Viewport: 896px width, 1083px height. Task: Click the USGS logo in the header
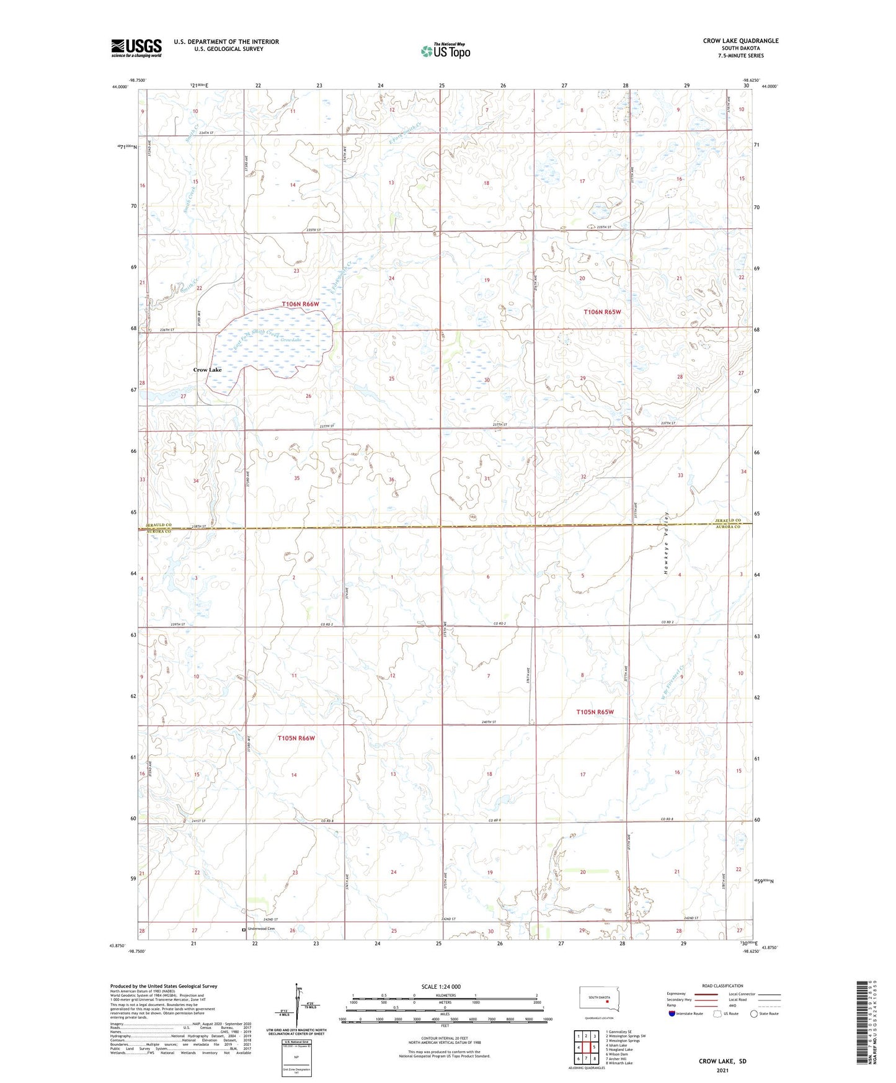click(x=136, y=48)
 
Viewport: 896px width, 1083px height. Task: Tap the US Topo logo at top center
click(x=445, y=51)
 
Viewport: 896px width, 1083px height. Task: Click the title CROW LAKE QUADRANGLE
click(x=740, y=41)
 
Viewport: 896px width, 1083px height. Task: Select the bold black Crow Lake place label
click(x=207, y=370)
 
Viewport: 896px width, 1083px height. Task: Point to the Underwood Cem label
click(x=260, y=929)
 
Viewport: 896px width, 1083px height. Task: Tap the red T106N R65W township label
click(x=602, y=312)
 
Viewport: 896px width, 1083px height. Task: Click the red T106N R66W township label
click(x=300, y=305)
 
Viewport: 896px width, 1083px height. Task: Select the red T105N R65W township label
click(x=595, y=711)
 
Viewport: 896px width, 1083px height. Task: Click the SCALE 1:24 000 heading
click(x=441, y=986)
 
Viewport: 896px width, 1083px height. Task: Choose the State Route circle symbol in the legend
click(x=754, y=1014)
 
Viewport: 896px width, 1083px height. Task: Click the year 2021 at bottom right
click(x=722, y=1071)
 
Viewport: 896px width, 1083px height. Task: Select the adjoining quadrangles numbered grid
click(x=586, y=1048)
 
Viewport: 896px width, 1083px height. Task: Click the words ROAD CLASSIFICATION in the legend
click(x=722, y=986)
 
